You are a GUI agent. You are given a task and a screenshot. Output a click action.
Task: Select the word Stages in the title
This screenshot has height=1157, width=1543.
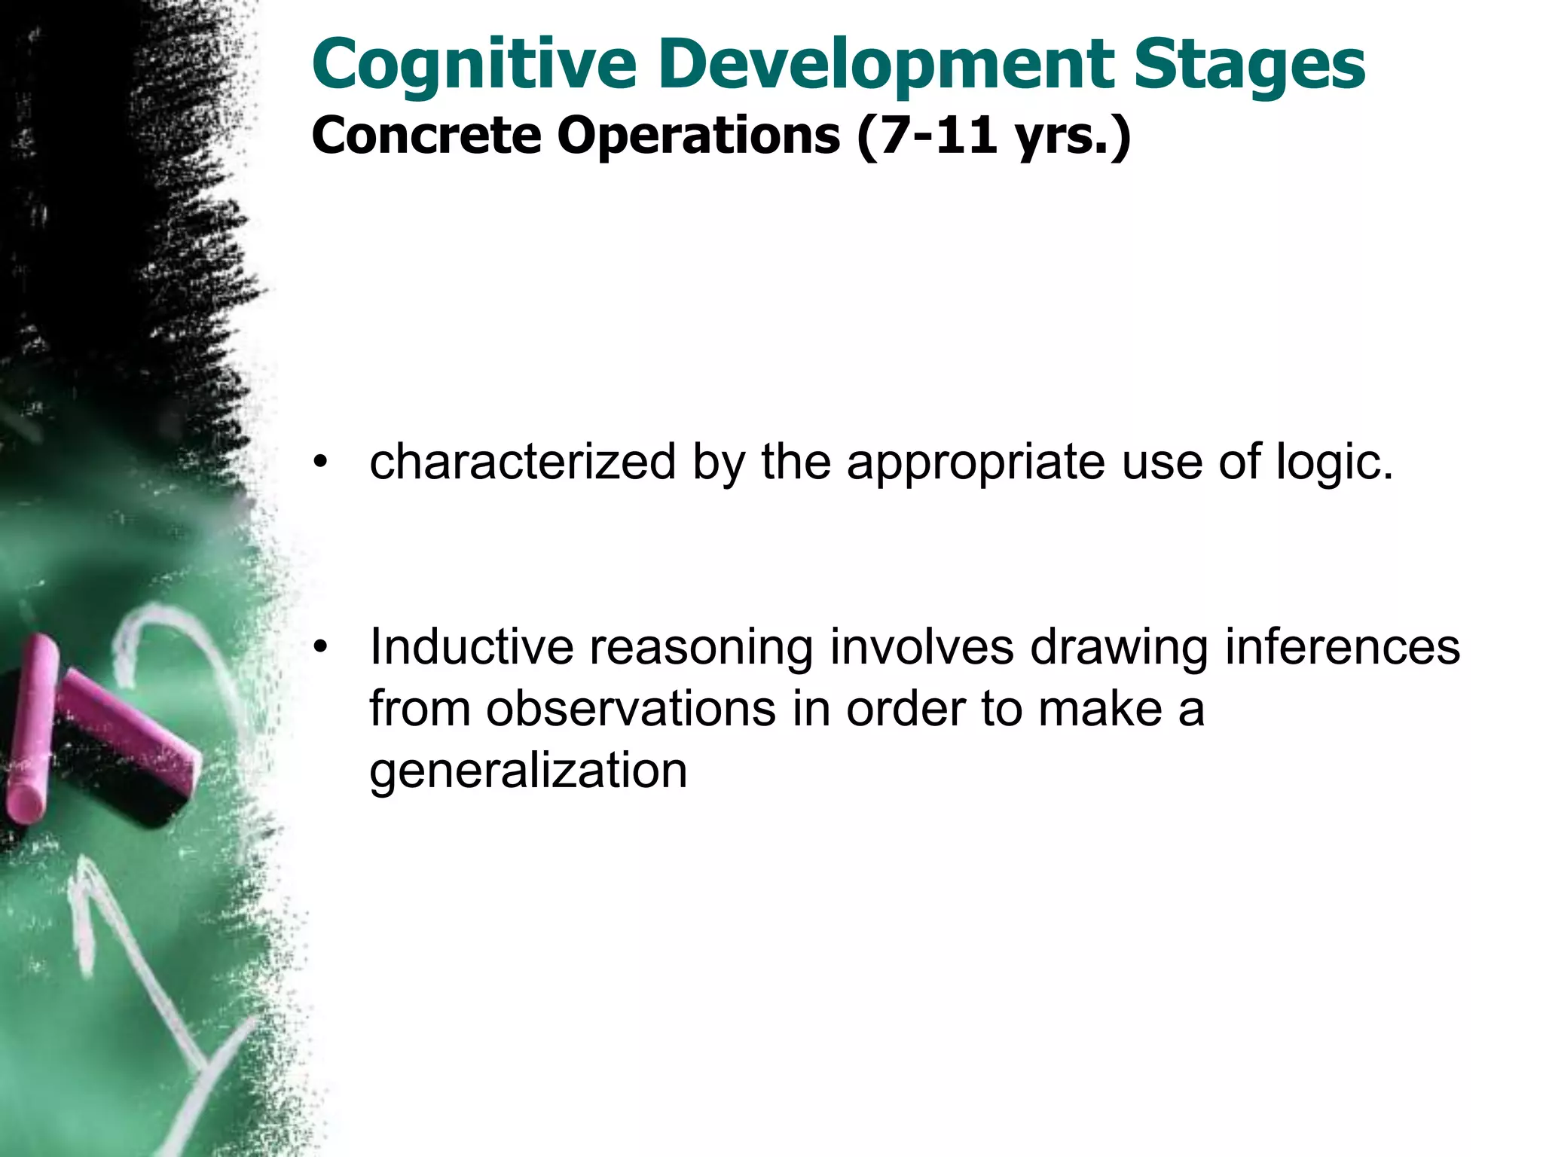1250,66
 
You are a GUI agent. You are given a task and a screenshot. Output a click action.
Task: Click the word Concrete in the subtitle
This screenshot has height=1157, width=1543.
426,136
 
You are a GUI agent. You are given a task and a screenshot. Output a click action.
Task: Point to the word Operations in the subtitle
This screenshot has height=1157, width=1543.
698,136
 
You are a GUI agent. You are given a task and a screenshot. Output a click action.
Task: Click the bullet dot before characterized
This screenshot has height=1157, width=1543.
322,462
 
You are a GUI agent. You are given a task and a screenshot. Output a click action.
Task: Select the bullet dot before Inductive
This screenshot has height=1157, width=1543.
322,647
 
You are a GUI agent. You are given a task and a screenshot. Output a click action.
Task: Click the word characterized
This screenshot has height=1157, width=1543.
523,462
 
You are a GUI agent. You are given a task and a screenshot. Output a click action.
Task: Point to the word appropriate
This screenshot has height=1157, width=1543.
976,462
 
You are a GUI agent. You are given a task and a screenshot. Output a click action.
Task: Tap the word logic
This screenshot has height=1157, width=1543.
1334,462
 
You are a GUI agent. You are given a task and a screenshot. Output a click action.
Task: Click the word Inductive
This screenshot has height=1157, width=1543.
472,647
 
